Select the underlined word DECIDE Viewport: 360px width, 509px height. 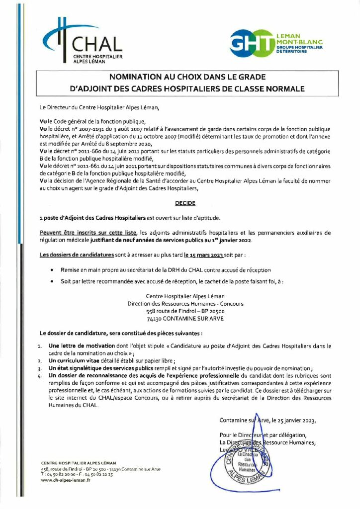point(185,203)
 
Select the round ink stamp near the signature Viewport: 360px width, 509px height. point(248,460)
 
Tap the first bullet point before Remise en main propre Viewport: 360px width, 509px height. point(53,270)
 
